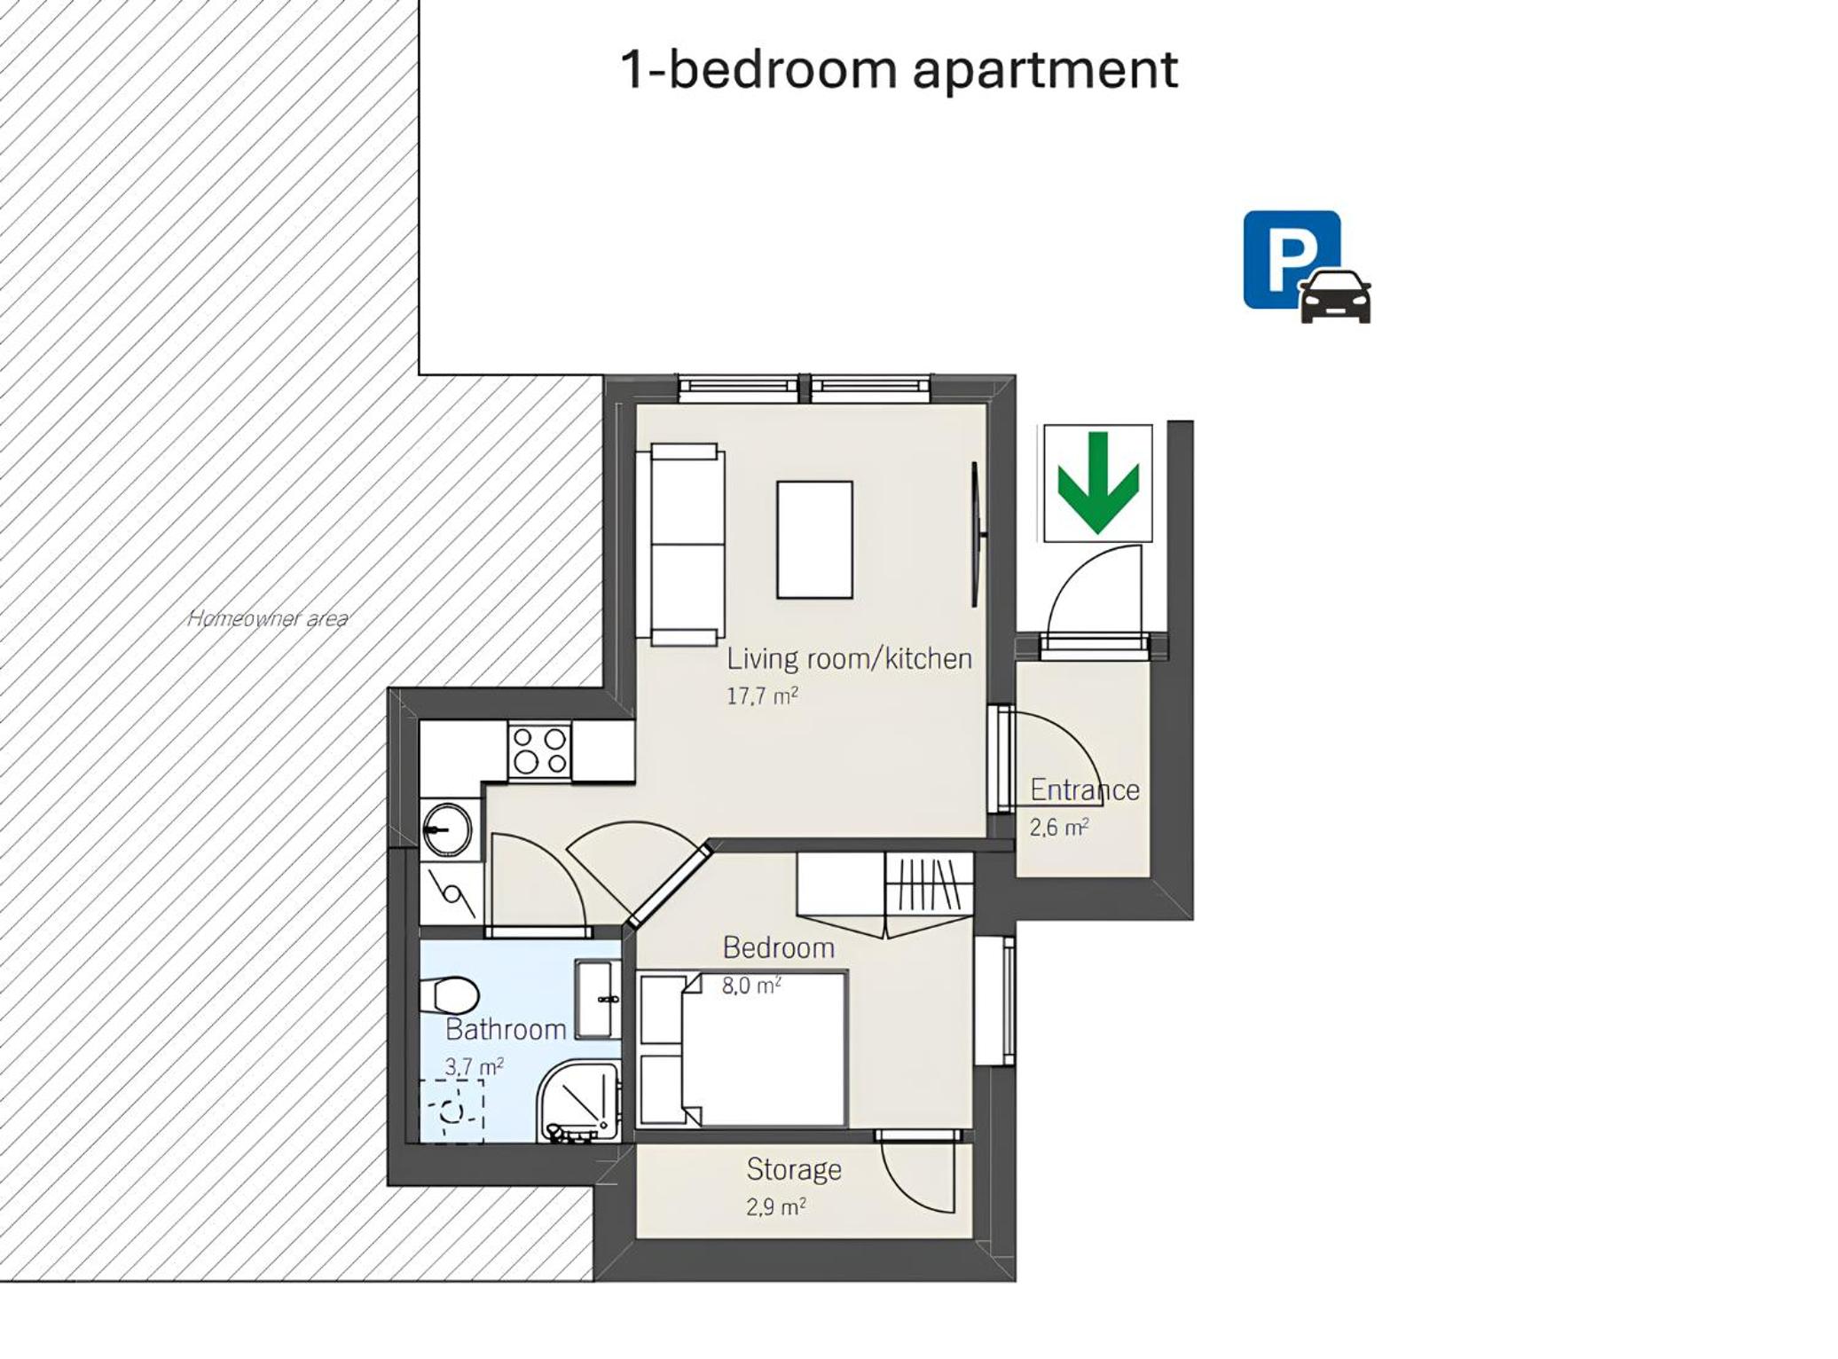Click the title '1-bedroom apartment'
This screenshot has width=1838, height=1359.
tap(899, 69)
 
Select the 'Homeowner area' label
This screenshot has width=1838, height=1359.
tap(268, 618)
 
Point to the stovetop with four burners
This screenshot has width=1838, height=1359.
tap(539, 751)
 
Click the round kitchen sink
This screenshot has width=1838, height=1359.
tap(448, 829)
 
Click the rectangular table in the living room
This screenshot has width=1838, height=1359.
tap(814, 539)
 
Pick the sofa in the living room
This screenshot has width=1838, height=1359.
tap(680, 545)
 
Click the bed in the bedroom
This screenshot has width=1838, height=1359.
tap(742, 1049)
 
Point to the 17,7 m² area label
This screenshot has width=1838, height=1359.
tap(762, 695)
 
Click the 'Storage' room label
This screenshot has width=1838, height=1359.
tap(794, 1169)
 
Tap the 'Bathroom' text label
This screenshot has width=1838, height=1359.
tap(506, 1029)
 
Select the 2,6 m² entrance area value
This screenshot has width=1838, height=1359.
tap(1058, 828)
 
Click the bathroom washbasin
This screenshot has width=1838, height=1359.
tap(598, 999)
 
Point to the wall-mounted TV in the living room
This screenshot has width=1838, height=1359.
tap(976, 534)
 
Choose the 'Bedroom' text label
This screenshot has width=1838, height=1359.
tap(779, 947)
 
